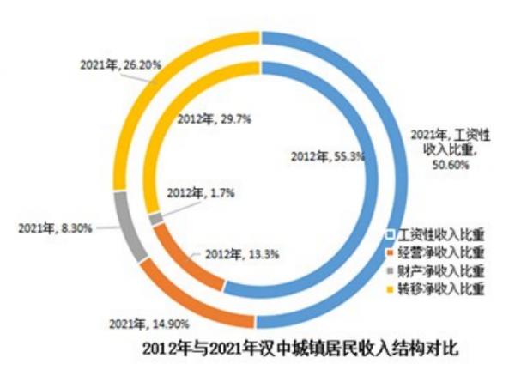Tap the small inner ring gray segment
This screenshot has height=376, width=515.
(155, 219)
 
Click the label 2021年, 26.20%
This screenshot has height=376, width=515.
(114, 64)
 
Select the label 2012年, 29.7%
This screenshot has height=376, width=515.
(210, 120)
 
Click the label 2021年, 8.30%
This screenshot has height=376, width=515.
(53, 227)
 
